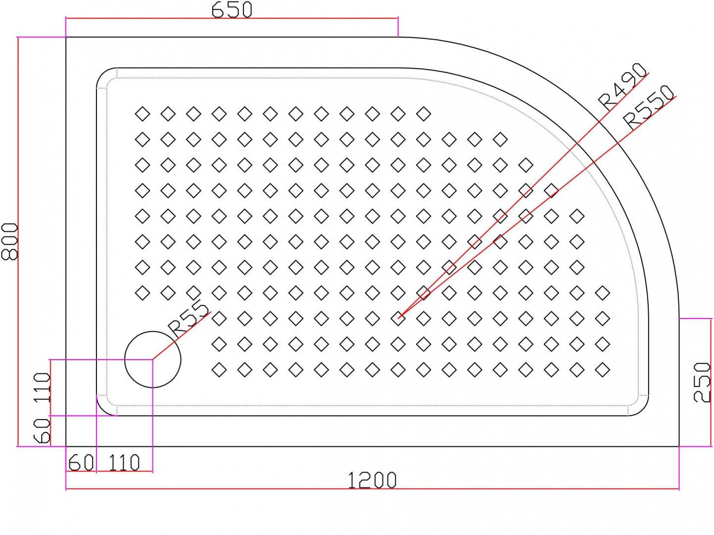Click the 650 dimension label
coord(232,9)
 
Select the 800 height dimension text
coord(9,241)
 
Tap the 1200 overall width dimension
coord(372,480)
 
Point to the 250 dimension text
coord(702,382)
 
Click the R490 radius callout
coord(622,86)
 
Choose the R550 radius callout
coord(649,107)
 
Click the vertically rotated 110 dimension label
coord(43,387)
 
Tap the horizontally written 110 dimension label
coord(124,463)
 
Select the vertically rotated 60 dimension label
coord(43,430)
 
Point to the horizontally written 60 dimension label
coord(81,463)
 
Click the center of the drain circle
coord(152,360)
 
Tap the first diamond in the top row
coord(143,114)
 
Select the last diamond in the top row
coord(424,114)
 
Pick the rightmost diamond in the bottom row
coord(602,370)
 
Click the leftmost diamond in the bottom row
coord(219,370)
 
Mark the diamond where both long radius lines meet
coord(398,319)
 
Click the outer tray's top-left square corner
coord(66,37)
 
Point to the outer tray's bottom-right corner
coord(679,446)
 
